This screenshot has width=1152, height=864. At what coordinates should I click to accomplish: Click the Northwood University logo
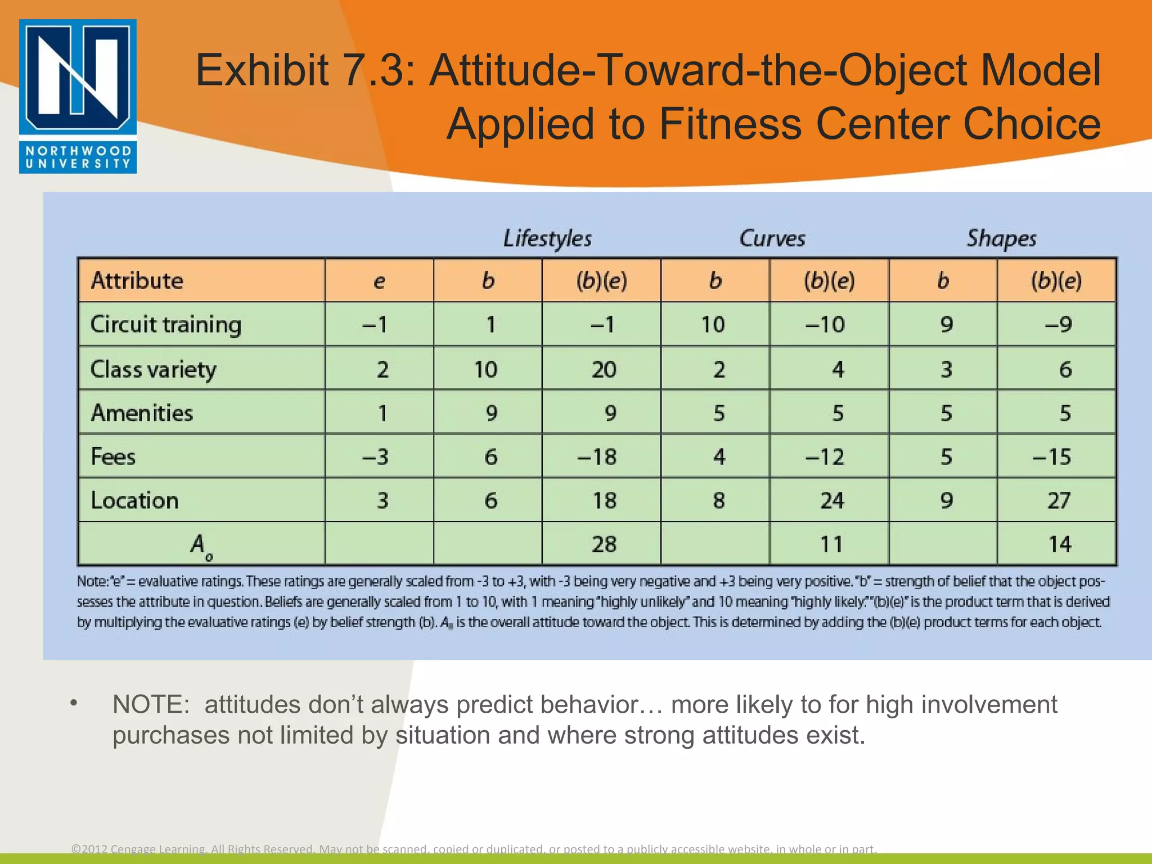tap(78, 96)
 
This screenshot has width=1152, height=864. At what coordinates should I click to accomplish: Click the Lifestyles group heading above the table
tap(547, 238)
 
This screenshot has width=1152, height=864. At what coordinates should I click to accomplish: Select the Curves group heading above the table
tap(772, 238)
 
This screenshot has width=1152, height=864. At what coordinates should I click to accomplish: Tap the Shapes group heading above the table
tap(1001, 238)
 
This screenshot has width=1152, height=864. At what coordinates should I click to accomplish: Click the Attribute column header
tap(137, 280)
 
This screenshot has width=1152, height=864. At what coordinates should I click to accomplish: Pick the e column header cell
tap(379, 281)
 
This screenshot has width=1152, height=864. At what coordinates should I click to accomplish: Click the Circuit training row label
tap(166, 325)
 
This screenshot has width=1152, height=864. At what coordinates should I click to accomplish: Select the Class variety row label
tap(153, 370)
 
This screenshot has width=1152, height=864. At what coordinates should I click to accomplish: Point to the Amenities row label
tap(142, 413)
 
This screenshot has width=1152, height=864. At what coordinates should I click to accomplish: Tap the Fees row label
tap(113, 456)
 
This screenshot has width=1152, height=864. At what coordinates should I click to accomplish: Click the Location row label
tap(134, 500)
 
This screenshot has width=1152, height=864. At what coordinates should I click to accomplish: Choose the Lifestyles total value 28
tap(604, 544)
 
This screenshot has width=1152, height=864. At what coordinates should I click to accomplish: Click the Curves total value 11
tap(831, 544)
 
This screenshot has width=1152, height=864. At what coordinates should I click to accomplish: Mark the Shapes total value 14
tap(1059, 544)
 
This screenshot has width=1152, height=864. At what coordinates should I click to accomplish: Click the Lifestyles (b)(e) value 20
tap(604, 370)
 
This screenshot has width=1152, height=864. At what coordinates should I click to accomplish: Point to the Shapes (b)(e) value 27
tap(1058, 500)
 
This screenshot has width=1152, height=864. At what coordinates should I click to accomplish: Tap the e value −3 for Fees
tap(375, 456)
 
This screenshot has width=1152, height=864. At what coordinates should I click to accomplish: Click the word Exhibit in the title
tap(262, 70)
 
